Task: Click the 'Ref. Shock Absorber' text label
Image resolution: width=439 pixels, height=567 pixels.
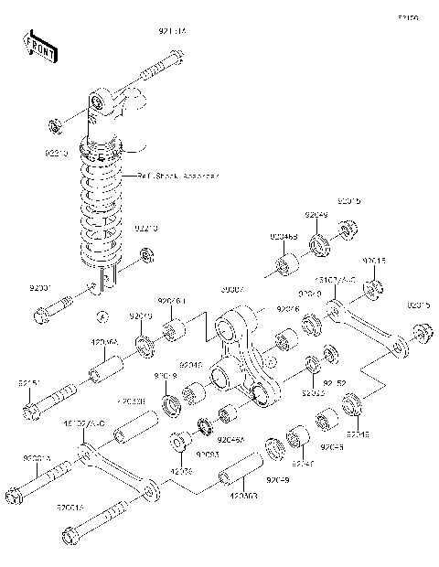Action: pos(177,176)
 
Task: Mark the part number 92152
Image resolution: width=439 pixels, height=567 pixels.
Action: pos(337,382)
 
